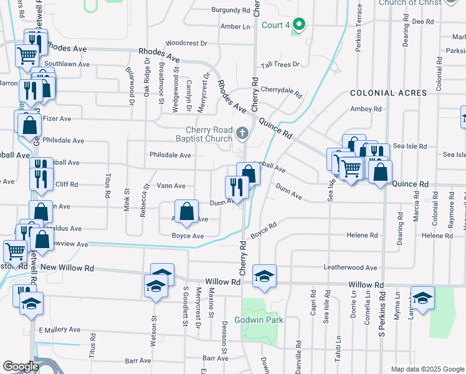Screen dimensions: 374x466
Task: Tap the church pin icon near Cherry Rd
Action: coord(243,133)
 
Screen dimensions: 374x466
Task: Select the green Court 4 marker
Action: coord(299,25)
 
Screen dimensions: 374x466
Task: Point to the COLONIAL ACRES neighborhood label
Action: coord(388,93)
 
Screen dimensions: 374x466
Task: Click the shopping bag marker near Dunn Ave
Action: coord(186,211)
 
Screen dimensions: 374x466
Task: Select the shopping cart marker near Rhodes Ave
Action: coord(27,55)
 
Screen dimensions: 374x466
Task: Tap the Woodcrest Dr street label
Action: coord(186,44)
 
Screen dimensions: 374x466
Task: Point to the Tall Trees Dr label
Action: coord(280,64)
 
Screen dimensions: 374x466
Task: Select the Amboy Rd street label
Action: coord(365,109)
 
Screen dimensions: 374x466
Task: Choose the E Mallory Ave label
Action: coord(59,330)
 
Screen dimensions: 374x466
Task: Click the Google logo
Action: coord(21,367)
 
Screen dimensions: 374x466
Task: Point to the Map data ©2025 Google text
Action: coord(426,369)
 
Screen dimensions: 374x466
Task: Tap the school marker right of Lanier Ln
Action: coord(422,297)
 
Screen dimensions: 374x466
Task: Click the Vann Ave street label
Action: coord(171,186)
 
